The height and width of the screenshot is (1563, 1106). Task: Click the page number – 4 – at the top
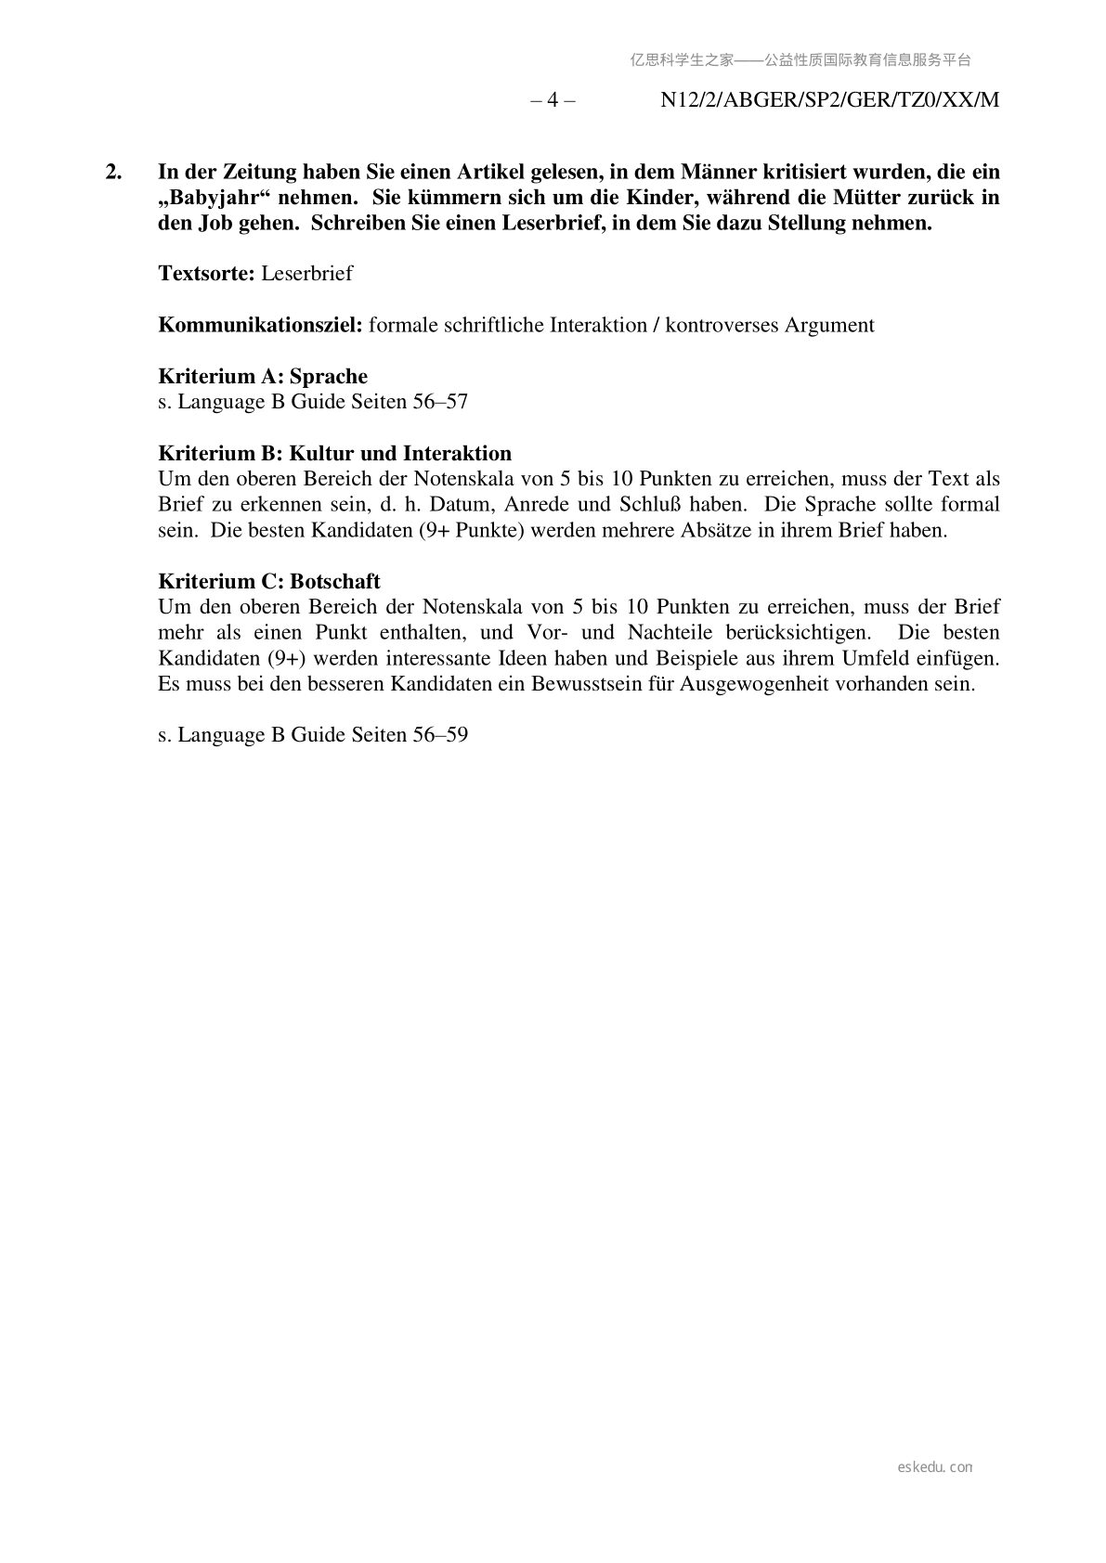(x=553, y=100)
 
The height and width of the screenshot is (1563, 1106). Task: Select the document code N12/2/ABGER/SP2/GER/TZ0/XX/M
(x=829, y=100)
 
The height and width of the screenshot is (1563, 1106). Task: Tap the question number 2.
(x=112, y=172)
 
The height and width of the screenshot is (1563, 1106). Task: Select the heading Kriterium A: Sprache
(x=263, y=376)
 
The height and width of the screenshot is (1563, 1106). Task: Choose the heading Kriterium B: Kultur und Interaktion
(x=334, y=453)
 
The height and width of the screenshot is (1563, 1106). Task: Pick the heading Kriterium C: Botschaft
(x=269, y=581)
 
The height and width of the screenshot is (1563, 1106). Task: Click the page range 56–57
(x=439, y=402)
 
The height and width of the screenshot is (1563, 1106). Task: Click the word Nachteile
(x=676, y=633)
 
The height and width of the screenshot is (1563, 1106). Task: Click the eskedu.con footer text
(x=935, y=1467)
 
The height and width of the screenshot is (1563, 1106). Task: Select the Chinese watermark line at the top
(x=800, y=60)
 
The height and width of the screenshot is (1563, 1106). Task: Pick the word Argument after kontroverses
(x=829, y=325)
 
